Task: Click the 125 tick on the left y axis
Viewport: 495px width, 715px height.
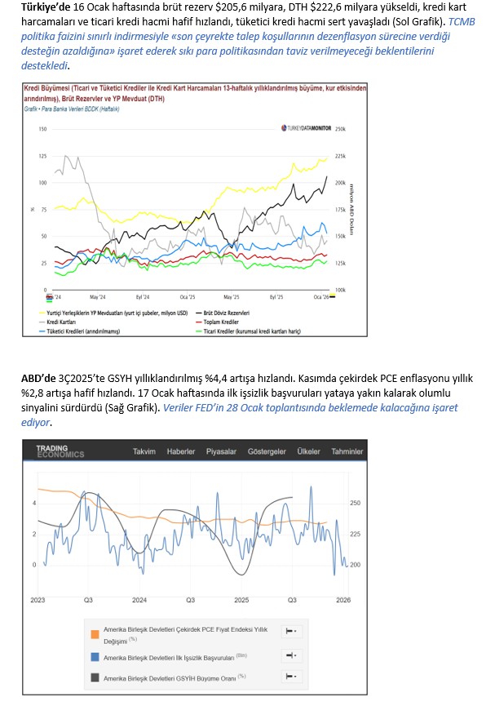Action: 42,156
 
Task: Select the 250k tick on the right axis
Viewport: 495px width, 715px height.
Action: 341,129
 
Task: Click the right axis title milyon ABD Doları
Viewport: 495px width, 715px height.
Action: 351,208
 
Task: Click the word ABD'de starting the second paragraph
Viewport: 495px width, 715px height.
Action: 39,378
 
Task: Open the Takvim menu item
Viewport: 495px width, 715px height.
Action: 144,451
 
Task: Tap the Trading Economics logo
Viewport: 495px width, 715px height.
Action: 60,451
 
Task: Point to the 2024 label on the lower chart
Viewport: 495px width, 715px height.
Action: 139,600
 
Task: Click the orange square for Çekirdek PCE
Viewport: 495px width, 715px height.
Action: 96,633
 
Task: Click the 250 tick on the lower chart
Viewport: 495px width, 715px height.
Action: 354,504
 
